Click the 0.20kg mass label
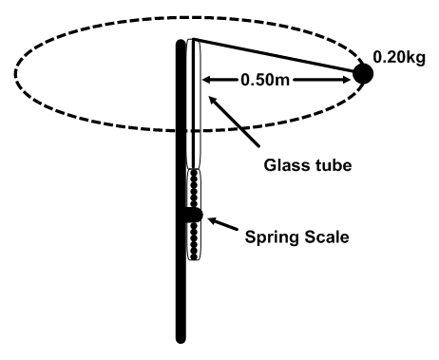(x=404, y=56)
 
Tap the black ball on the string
(x=362, y=73)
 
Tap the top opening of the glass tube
(x=195, y=41)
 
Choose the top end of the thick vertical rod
(x=181, y=42)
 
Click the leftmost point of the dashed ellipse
(x=15, y=72)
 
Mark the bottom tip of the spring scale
(x=195, y=260)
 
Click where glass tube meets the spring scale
(x=195, y=168)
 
